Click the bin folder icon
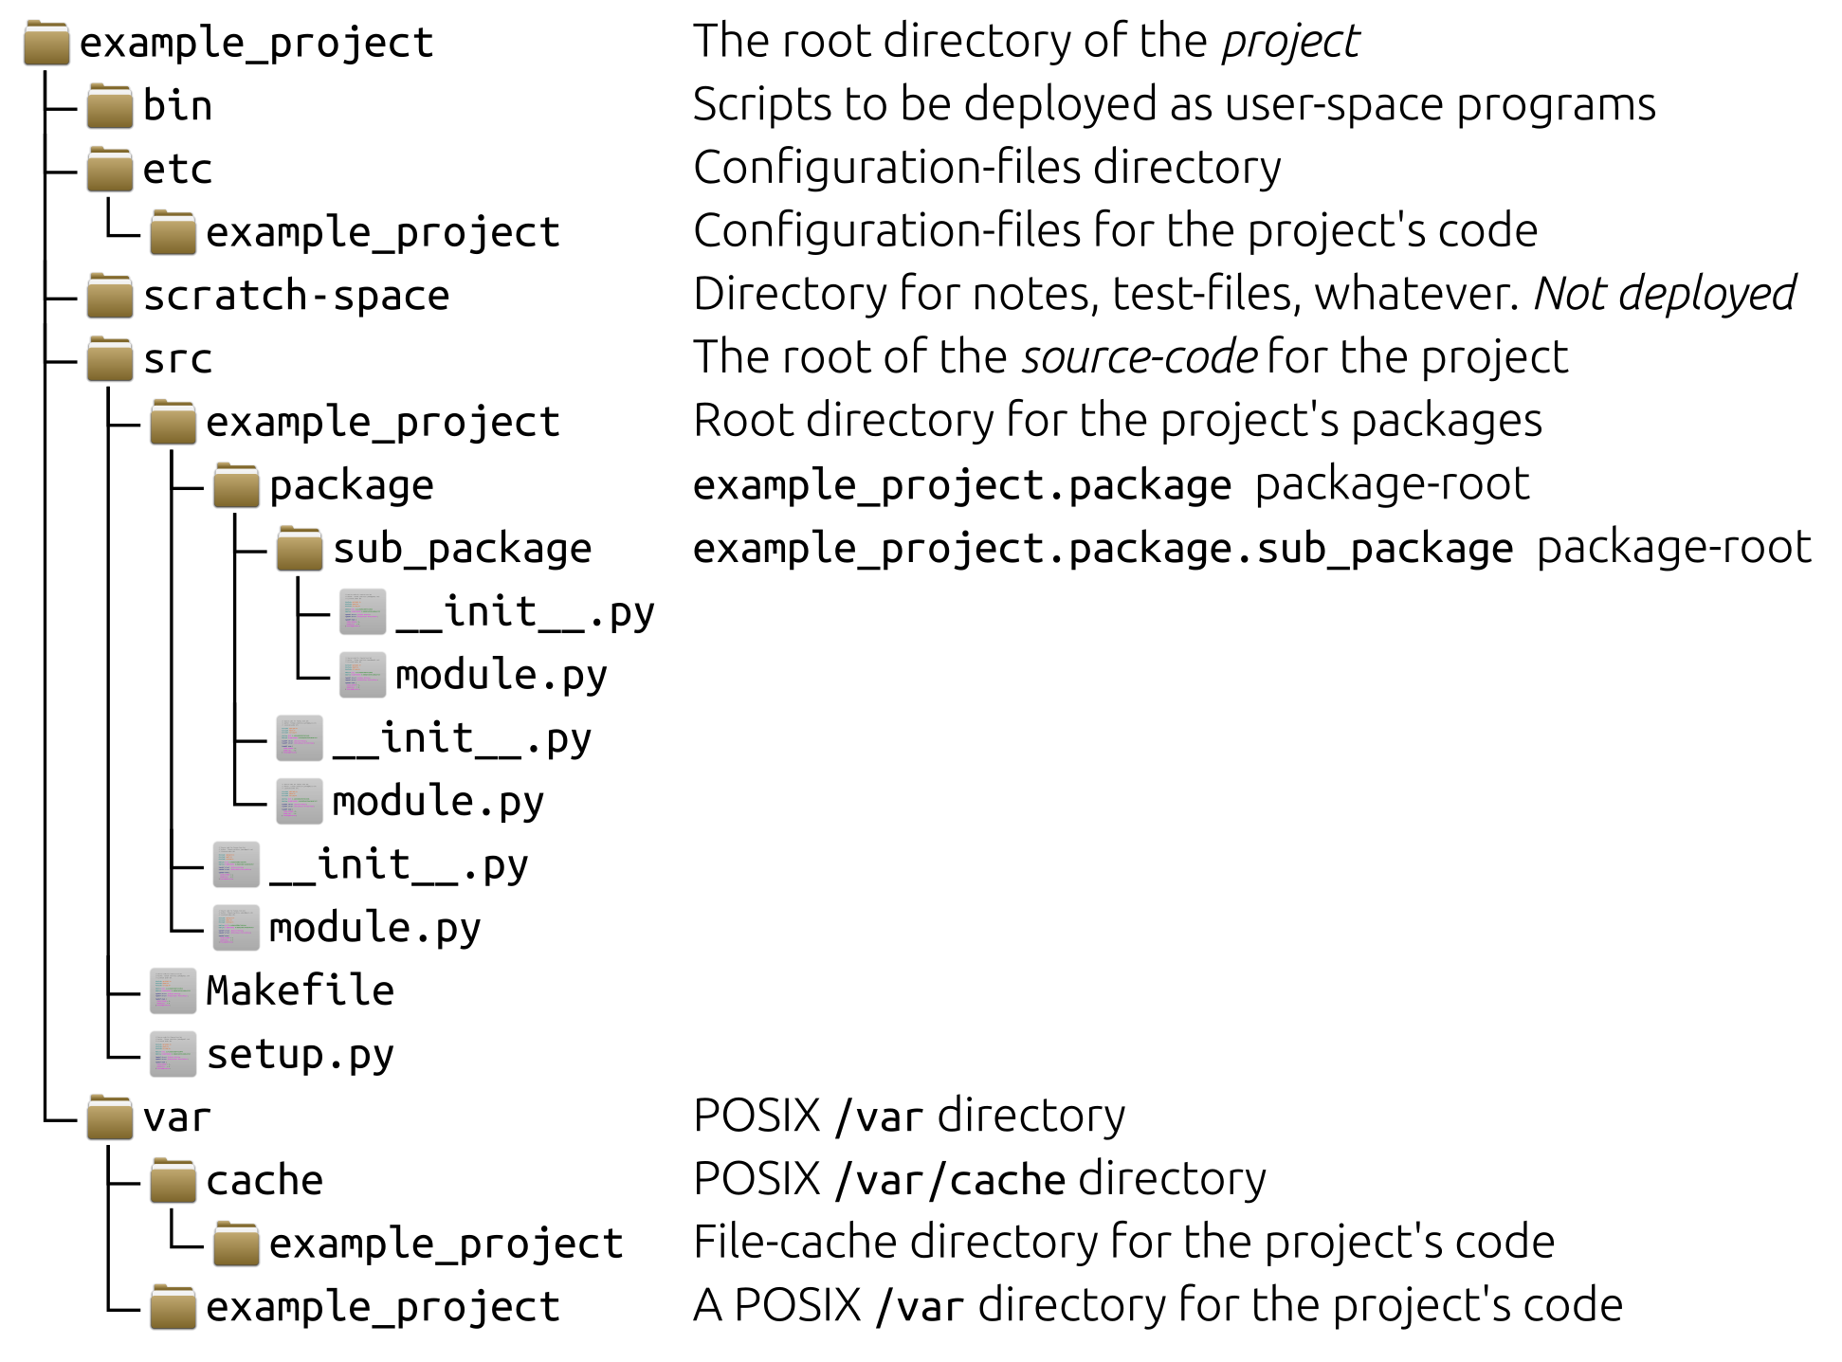110,105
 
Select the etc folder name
177,170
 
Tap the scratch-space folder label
296,296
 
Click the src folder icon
110,359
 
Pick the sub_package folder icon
300,549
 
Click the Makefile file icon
173,990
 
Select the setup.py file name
300,1055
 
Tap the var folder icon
110,1117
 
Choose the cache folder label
264,1181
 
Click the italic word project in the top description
1290,43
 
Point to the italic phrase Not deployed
1665,294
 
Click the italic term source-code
1140,358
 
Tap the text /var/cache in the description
950,1181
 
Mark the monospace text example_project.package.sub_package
1103,550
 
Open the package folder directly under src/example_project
236,485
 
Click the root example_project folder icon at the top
46,44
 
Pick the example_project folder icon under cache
236,1244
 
